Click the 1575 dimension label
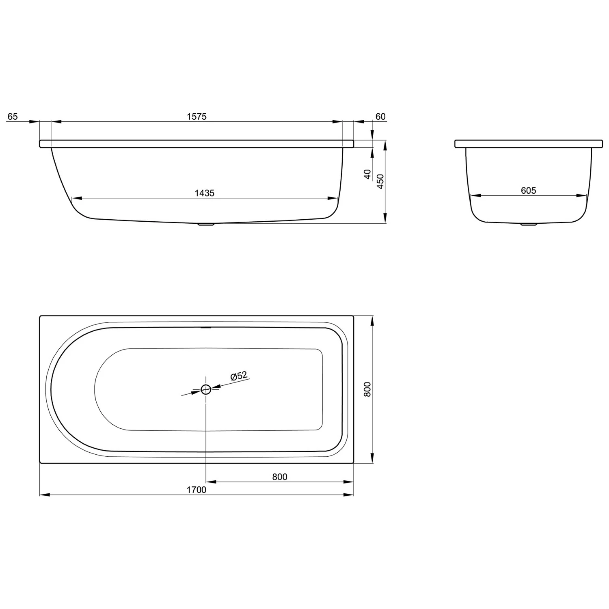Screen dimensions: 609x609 click(x=197, y=117)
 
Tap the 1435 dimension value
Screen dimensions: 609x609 click(x=205, y=193)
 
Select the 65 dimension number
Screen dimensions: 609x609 click(x=13, y=117)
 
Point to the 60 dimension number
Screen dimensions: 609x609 click(x=380, y=117)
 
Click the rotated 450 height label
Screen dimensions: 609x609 click(x=380, y=181)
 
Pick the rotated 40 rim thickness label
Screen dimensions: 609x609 click(x=368, y=175)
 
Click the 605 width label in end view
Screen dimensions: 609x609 click(x=528, y=190)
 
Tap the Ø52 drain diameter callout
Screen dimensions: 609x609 click(x=239, y=376)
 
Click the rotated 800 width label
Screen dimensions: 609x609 click(x=367, y=389)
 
